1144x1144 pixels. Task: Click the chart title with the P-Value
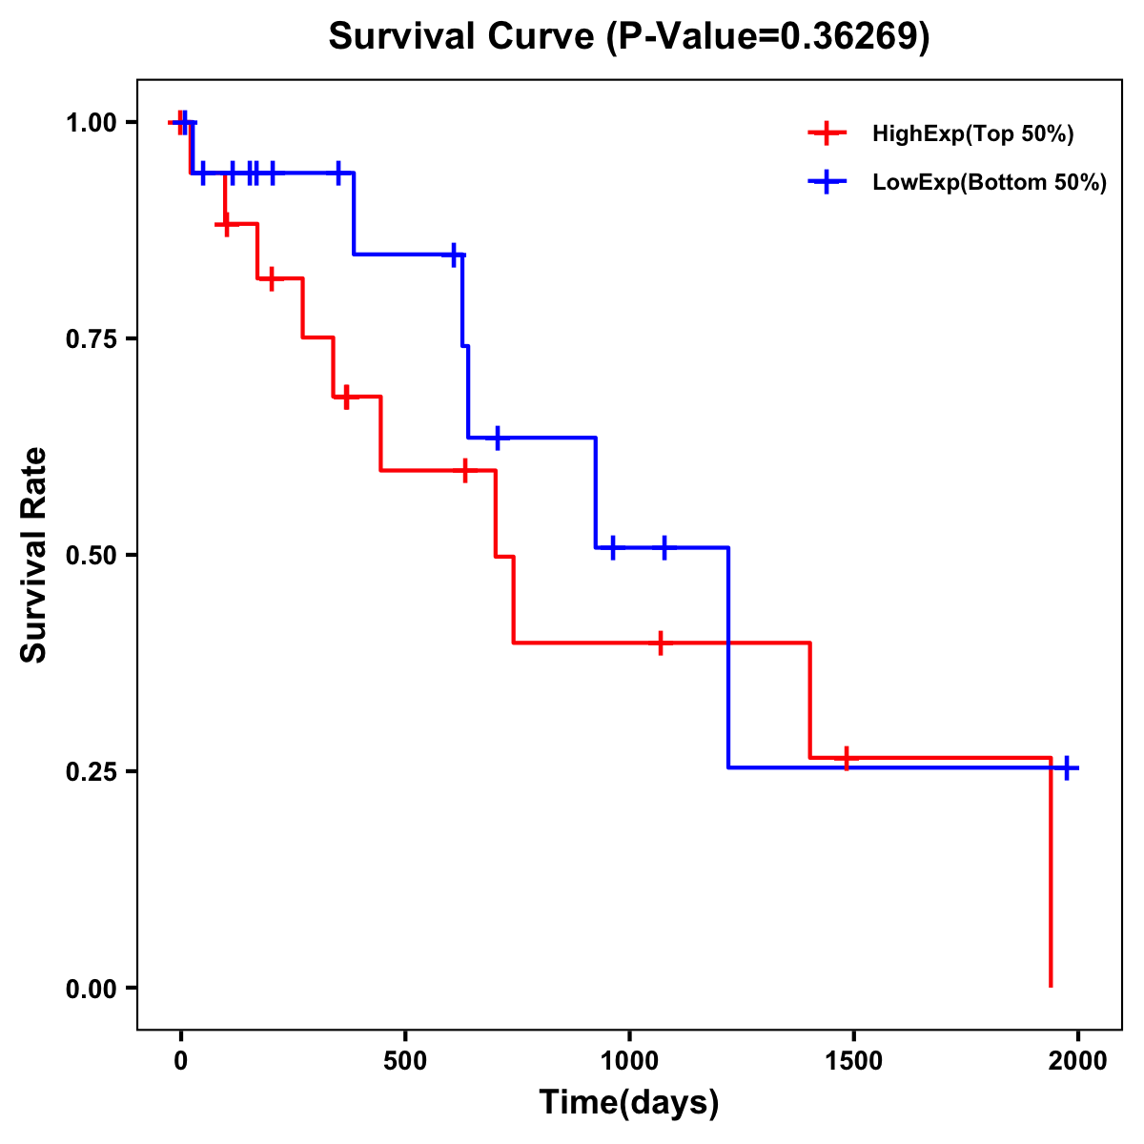629,36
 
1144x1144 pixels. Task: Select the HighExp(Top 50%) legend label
972,134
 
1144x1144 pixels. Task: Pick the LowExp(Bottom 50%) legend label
990,182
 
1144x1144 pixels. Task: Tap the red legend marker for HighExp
827,133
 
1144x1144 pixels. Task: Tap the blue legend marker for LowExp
827,181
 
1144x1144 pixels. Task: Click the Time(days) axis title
629,1103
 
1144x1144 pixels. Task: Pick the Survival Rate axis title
34,555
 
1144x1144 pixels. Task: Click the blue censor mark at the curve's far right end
1067,767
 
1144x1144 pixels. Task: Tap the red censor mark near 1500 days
846,758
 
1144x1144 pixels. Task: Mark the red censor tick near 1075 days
660,643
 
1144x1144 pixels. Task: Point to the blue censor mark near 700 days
497,438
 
